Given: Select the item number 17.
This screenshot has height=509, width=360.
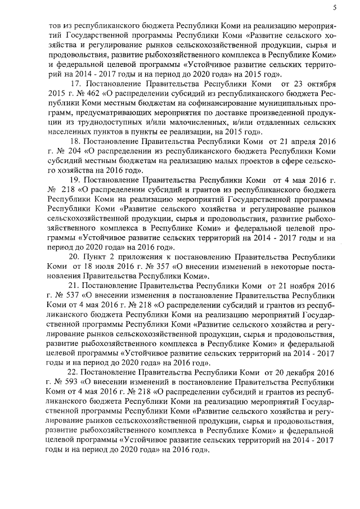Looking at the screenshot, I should (x=75, y=83).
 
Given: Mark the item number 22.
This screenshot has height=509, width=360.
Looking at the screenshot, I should (x=75, y=372).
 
